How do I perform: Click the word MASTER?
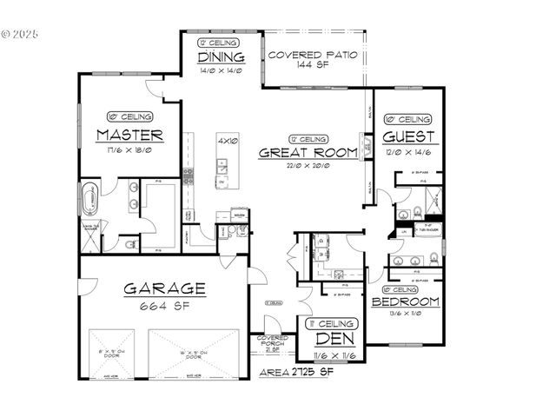129,135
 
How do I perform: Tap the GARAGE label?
163,288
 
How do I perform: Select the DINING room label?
221,58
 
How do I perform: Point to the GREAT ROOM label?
308,152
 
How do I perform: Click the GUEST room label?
408,136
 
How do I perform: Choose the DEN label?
333,339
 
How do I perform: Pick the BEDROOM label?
405,302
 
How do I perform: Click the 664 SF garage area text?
163,307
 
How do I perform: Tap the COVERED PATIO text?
313,55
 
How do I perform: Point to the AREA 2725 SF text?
297,372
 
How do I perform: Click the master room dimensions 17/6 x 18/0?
129,149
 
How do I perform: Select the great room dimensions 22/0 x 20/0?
308,165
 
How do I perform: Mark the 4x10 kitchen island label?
228,140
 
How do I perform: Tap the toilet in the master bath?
130,244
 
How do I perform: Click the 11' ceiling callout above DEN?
333,323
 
